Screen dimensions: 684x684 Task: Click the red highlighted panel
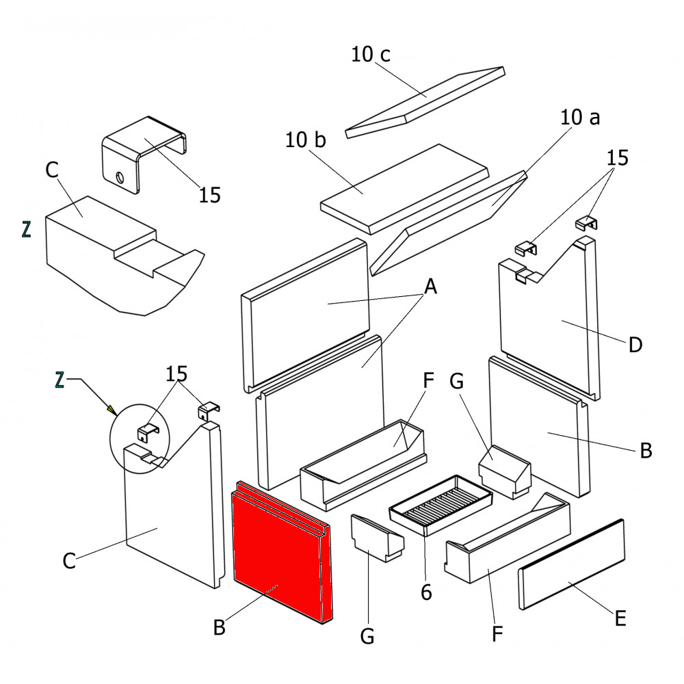[277, 554]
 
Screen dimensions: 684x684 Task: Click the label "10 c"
[371, 55]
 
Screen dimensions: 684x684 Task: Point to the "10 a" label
[580, 118]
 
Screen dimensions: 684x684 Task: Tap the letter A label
[430, 288]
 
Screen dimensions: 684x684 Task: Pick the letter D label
[635, 345]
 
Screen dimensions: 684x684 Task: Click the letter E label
[620, 619]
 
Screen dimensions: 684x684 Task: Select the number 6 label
[426, 592]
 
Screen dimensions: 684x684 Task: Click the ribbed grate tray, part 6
[441, 505]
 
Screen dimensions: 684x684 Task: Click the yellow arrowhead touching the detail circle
[110, 410]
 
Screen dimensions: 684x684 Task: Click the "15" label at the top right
[617, 158]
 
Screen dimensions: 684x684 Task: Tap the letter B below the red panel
[219, 627]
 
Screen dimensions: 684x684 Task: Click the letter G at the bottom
[367, 637]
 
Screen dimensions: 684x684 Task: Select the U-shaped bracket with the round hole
[144, 154]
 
